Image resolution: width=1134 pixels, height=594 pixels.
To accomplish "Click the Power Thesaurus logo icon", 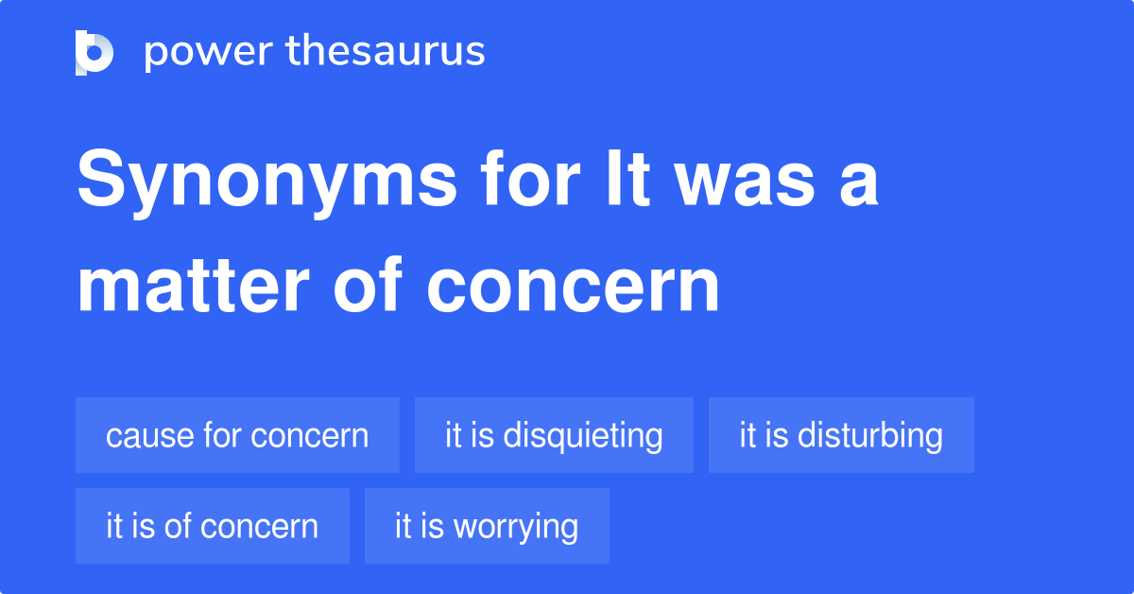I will pyautogui.click(x=94, y=52).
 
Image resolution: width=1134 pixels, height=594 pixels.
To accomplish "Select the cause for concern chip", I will pyautogui.click(x=237, y=435).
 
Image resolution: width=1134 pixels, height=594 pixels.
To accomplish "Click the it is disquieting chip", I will pyautogui.click(x=554, y=435).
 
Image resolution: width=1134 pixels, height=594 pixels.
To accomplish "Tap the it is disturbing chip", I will pyautogui.click(x=841, y=435).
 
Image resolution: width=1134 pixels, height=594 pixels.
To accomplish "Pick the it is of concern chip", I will pyautogui.click(x=213, y=526).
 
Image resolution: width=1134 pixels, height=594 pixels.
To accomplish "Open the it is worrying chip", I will pyautogui.click(x=487, y=526).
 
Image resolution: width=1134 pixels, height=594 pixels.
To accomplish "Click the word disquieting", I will pyautogui.click(x=583, y=435).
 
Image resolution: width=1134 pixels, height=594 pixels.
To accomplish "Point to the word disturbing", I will pyautogui.click(x=870, y=435).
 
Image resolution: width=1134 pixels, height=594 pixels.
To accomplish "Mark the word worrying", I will pyautogui.click(x=517, y=527).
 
